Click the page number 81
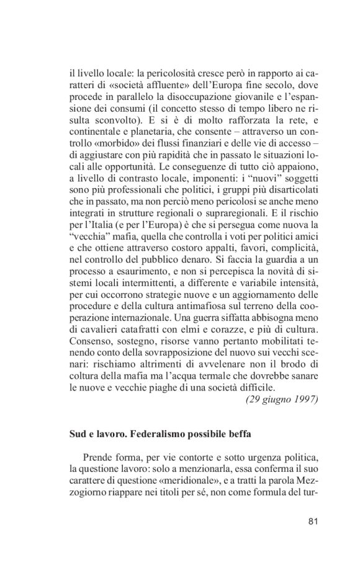click(x=313, y=520)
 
